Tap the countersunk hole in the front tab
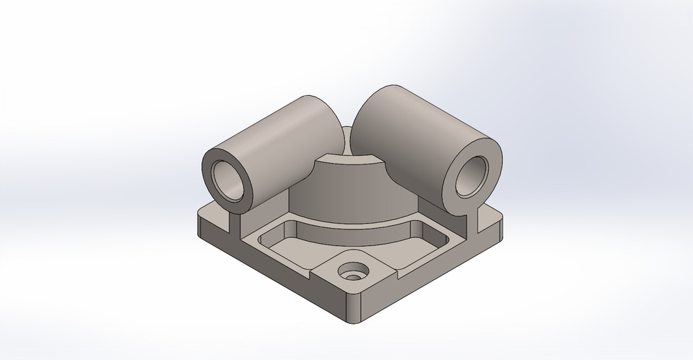click(353, 271)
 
